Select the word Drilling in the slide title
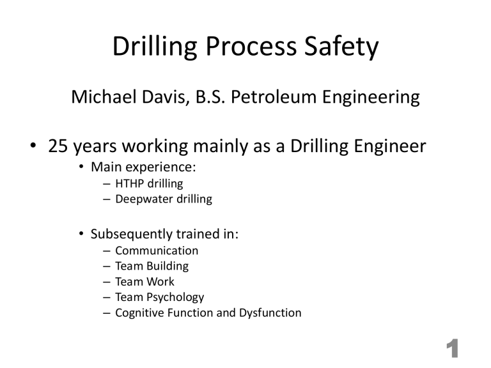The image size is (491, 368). coord(151,48)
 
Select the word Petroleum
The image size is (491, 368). coord(280,98)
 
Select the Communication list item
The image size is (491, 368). coord(157,251)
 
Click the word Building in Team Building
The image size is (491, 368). coord(166,266)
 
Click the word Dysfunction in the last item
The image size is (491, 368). coord(269,313)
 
